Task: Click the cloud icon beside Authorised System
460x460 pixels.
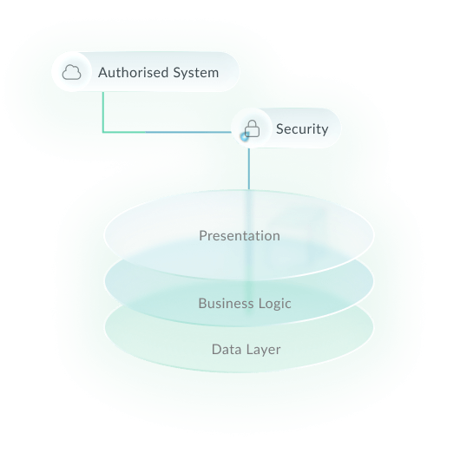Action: point(73,72)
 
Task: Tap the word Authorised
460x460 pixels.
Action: point(132,72)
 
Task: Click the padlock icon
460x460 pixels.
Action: point(252,129)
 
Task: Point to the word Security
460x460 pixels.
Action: point(301,129)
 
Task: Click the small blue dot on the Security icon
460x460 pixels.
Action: point(245,135)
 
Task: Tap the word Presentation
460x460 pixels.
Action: point(240,235)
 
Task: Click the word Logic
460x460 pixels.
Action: point(273,304)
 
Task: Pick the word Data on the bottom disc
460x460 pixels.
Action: point(226,350)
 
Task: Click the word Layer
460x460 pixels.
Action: point(263,350)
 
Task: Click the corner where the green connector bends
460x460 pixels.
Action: point(103,132)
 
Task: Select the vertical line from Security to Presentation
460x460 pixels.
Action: point(248,169)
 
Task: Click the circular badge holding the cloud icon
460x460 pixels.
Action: point(73,72)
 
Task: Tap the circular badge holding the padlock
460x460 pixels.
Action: point(252,129)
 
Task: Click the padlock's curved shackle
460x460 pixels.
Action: point(252,124)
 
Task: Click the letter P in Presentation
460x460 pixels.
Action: point(202,235)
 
